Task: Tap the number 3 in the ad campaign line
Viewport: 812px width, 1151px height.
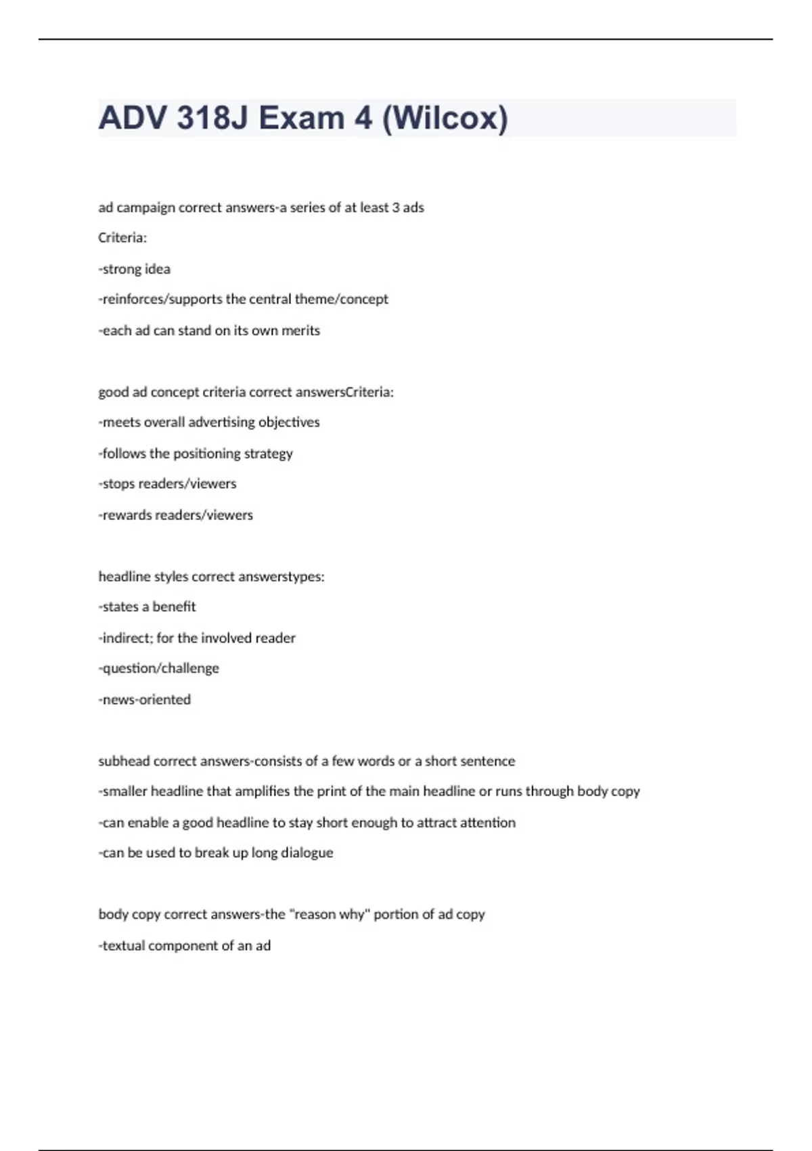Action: [x=396, y=207]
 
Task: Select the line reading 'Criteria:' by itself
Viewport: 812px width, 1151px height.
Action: [x=122, y=238]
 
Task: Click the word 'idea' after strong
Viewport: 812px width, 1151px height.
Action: [x=158, y=269]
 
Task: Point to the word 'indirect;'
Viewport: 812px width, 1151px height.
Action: [x=126, y=638]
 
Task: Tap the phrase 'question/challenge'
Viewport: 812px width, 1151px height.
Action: [x=160, y=668]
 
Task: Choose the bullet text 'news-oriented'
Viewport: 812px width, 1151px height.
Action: [x=145, y=699]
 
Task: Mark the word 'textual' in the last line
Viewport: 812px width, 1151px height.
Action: [x=123, y=945]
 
